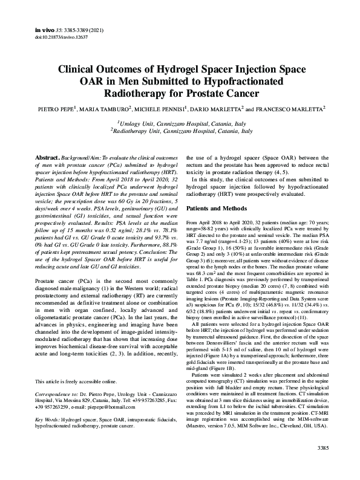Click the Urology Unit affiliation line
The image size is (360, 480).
tap(180, 123)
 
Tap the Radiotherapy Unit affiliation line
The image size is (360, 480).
tap(180, 131)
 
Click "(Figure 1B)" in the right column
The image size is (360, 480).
tap(231, 352)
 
